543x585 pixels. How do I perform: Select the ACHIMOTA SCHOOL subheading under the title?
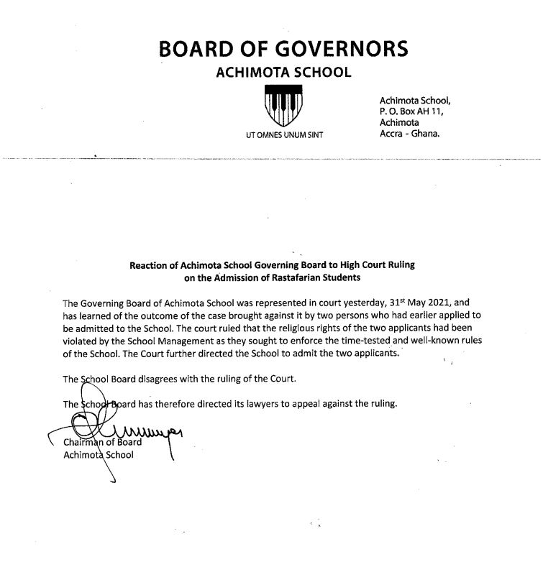tap(284, 73)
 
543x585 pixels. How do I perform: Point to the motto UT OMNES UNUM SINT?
tap(284, 135)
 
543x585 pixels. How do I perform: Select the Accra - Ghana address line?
tap(409, 134)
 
